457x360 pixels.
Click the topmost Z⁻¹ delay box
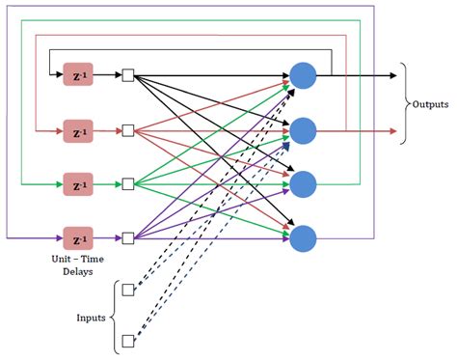pyautogui.click(x=78, y=75)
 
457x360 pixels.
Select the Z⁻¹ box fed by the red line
pyautogui.click(x=78, y=128)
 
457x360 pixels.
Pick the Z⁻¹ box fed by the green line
pyautogui.click(x=78, y=182)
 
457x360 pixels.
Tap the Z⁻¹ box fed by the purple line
pyautogui.click(x=78, y=235)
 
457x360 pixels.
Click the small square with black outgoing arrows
pyautogui.click(x=128, y=75)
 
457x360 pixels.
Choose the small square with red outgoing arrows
pyautogui.click(x=128, y=128)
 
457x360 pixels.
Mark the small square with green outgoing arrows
pyautogui.click(x=128, y=182)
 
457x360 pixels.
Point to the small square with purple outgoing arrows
pyautogui.click(x=128, y=235)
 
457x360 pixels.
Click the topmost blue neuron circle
pyautogui.click(x=303, y=75)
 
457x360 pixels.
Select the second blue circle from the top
pyautogui.click(x=303, y=128)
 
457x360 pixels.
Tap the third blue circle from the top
pyautogui.click(x=303, y=182)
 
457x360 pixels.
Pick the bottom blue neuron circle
pyautogui.click(x=303, y=235)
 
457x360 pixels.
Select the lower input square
pyautogui.click(x=128, y=340)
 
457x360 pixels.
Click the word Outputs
pyautogui.click(x=433, y=103)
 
